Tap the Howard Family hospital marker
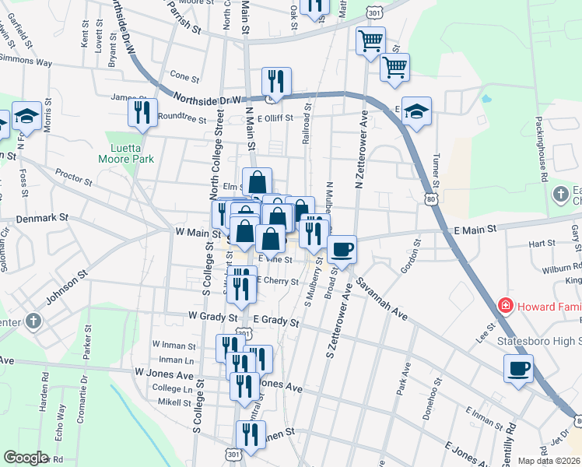506,305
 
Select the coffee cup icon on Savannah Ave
342,249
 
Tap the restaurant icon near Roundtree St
142,112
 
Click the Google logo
26,458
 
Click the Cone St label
184,77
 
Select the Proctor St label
75,177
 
